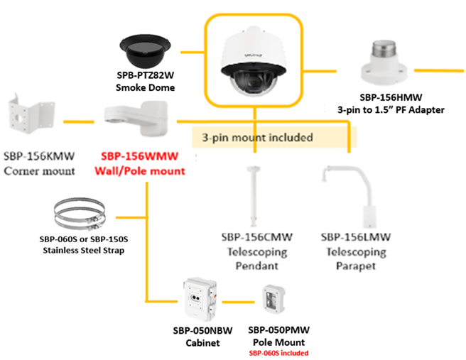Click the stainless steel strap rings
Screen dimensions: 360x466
coord(79,214)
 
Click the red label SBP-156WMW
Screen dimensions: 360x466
coord(139,158)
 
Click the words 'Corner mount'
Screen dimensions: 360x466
coord(39,171)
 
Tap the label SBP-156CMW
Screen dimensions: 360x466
coord(254,238)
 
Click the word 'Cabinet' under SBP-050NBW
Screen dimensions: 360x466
coord(203,342)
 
